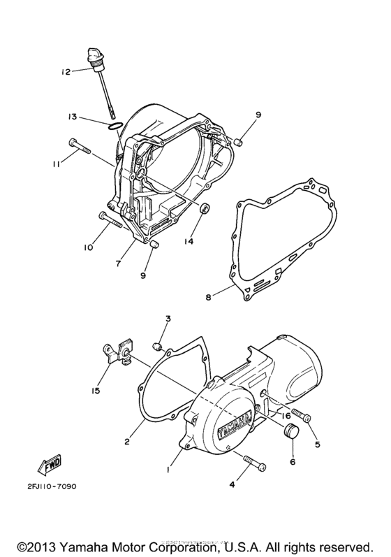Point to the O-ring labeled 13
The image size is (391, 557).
117,126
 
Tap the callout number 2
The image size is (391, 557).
128,442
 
